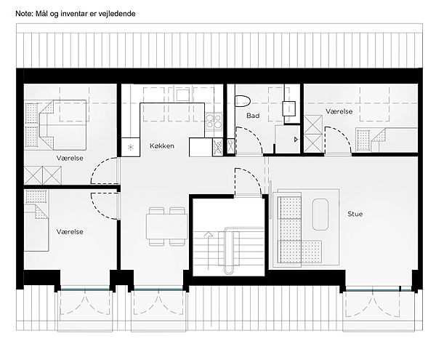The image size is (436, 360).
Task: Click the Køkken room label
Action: point(162,145)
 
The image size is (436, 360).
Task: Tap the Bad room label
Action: point(253,116)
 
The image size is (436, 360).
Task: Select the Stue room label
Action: point(355,214)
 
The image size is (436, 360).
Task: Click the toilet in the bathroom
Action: point(243,100)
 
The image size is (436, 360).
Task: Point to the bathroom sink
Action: point(288,108)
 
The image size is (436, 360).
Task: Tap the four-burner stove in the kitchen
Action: point(214,121)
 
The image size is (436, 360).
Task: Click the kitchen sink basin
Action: point(182,95)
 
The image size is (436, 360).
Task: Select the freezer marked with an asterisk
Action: point(130,147)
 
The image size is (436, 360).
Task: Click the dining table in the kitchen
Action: point(167,226)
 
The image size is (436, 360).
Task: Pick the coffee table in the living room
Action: point(320,215)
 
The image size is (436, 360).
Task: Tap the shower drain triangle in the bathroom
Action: point(296,140)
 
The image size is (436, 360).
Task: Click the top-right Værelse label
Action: point(339,111)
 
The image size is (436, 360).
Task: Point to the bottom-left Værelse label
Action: point(70,232)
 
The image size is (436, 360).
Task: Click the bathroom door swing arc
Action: point(256,134)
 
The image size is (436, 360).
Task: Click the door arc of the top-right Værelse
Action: point(344,134)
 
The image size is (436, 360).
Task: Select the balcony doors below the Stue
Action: point(372,304)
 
